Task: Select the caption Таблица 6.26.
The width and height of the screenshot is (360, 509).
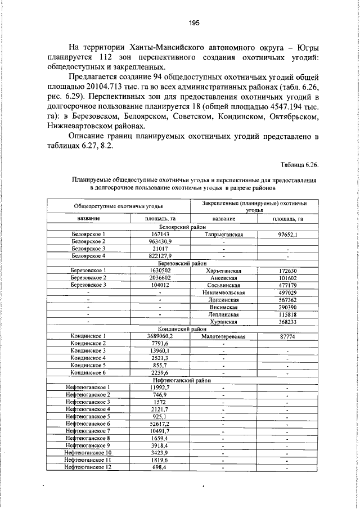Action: click(x=299, y=164)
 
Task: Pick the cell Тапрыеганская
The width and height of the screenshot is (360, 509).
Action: click(x=224, y=233)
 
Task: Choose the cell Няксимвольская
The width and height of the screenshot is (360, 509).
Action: click(x=224, y=292)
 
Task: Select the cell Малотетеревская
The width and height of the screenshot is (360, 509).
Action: click(x=224, y=336)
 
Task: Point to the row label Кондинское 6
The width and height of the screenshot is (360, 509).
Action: click(x=89, y=372)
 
